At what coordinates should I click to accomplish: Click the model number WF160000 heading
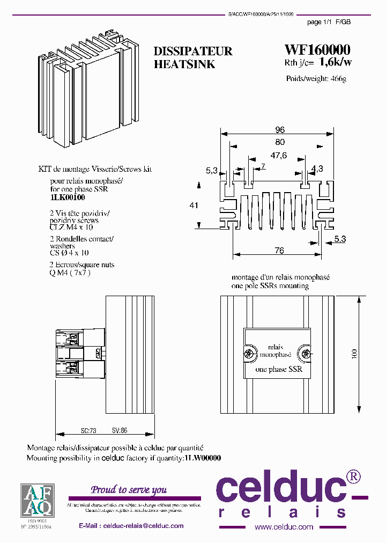tap(317, 50)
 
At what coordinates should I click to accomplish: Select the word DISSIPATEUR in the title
tap(193, 52)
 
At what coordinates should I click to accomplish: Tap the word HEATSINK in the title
tap(184, 64)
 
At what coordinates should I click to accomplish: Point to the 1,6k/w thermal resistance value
tap(336, 62)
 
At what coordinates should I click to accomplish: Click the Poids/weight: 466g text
tap(316, 79)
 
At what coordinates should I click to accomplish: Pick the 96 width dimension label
tap(279, 130)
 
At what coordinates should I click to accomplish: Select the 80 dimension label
tap(279, 143)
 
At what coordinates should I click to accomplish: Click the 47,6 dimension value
tap(278, 156)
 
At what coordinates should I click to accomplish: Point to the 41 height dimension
tap(195, 205)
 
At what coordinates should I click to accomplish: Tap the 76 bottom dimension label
tap(279, 251)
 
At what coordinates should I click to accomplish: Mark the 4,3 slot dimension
tap(317, 168)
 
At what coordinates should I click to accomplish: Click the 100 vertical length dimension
tap(354, 354)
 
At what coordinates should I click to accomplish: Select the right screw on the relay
tap(306, 354)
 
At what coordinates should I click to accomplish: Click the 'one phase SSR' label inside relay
tap(278, 369)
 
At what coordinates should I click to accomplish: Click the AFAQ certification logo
tap(36, 500)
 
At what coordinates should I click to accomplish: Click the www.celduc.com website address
tap(284, 527)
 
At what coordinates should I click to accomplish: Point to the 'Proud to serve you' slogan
tap(129, 489)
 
